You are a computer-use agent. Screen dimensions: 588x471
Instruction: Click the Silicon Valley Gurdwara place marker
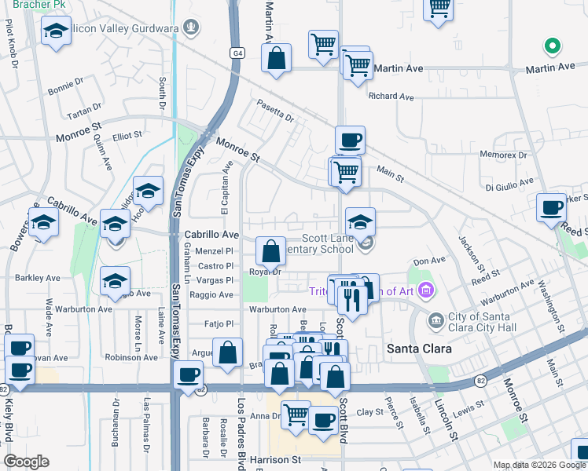(190, 28)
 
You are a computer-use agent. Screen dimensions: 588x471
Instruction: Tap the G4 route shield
(237, 53)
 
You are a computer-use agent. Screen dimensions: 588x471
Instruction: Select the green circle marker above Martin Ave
(553, 46)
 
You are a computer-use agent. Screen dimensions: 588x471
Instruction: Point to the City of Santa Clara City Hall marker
(435, 320)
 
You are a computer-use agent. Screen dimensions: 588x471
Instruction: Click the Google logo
(27, 461)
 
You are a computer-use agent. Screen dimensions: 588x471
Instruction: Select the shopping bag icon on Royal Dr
(270, 252)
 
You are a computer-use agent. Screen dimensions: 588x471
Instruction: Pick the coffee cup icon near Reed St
(552, 207)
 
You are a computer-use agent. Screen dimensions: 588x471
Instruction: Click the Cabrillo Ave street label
(211, 235)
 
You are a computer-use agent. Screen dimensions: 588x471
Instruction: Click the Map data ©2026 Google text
(539, 465)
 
